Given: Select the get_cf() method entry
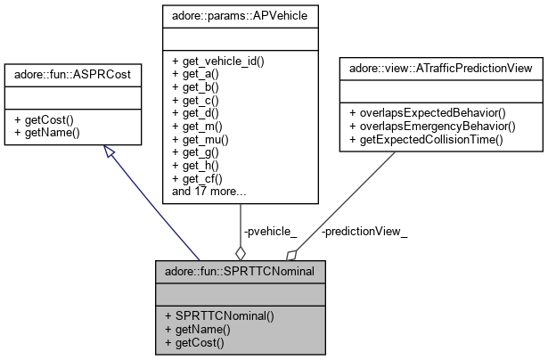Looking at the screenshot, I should point(199,177).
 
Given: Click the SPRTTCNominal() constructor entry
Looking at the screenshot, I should point(213,316).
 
